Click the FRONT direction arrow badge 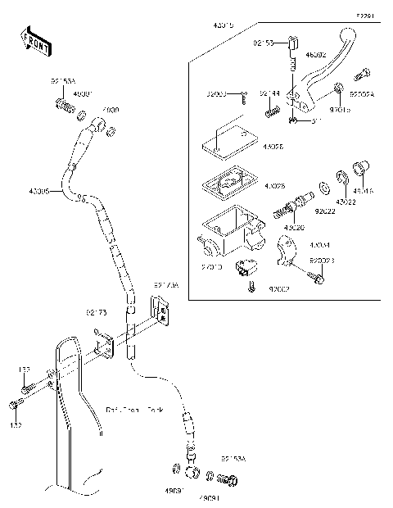pos(32,41)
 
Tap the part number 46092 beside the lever pos(316,55)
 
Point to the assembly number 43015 pos(223,26)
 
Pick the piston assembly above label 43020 pos(296,202)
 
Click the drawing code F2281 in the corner pos(364,16)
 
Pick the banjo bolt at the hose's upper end pos(64,105)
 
